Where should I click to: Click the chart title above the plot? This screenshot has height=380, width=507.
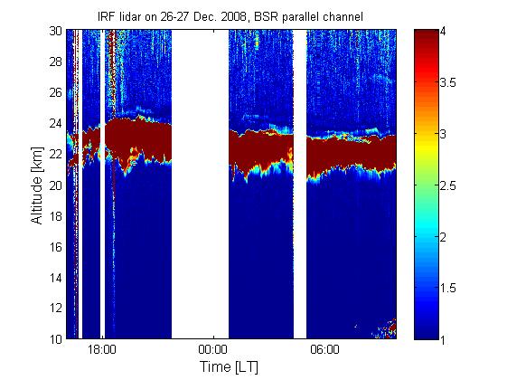(230, 17)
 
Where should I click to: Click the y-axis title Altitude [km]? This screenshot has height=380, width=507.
(37, 185)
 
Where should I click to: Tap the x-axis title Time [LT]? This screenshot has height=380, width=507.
(230, 366)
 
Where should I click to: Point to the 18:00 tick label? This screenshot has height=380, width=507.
(102, 350)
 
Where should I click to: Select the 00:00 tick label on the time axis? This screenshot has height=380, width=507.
(213, 350)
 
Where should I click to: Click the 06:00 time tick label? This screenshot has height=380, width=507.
(324, 350)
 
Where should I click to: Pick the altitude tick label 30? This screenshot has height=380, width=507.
(56, 31)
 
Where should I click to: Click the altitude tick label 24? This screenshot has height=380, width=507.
(56, 124)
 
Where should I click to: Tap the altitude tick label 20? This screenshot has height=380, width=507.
(56, 185)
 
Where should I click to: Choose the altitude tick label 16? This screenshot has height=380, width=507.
(56, 247)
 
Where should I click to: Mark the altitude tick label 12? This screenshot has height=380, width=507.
(56, 309)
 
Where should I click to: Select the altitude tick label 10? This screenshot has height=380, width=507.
(56, 339)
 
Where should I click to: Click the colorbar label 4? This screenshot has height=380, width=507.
(444, 32)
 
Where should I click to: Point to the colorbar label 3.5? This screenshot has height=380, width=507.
(448, 83)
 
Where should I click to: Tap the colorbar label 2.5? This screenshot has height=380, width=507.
(448, 185)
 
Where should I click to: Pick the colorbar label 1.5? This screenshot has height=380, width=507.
(448, 288)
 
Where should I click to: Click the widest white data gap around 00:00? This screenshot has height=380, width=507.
(200, 185)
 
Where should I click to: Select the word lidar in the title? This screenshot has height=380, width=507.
(129, 17)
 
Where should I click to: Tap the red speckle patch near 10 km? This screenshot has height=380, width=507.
(385, 328)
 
